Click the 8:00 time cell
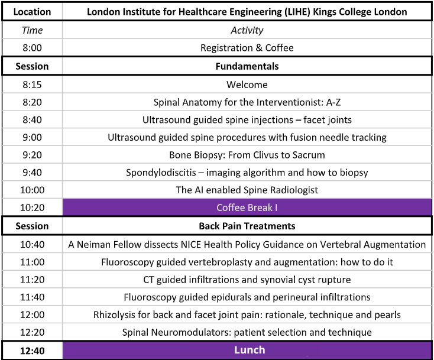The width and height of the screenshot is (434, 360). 32,48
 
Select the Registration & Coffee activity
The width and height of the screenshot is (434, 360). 247,48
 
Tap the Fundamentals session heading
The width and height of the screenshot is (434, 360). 247,66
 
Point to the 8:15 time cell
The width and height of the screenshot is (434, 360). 32,85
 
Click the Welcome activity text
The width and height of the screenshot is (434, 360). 247,85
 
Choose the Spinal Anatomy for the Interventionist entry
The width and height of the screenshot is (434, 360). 247,102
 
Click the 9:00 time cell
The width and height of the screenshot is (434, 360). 32,138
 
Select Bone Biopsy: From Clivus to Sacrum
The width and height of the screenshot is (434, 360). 247,155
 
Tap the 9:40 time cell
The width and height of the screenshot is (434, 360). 32,173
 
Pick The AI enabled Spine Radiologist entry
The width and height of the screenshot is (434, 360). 247,190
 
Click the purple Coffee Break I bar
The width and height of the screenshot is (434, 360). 247,208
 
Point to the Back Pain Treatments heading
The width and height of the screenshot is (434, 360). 247,226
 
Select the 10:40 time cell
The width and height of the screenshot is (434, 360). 32,244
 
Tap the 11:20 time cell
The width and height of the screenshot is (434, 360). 32,280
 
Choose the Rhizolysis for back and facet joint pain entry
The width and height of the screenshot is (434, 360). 247,314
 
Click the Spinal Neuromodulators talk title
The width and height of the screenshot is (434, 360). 247,332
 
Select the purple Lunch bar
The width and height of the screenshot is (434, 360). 247,350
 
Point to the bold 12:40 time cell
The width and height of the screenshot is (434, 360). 32,350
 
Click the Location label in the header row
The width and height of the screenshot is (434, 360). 32,11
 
